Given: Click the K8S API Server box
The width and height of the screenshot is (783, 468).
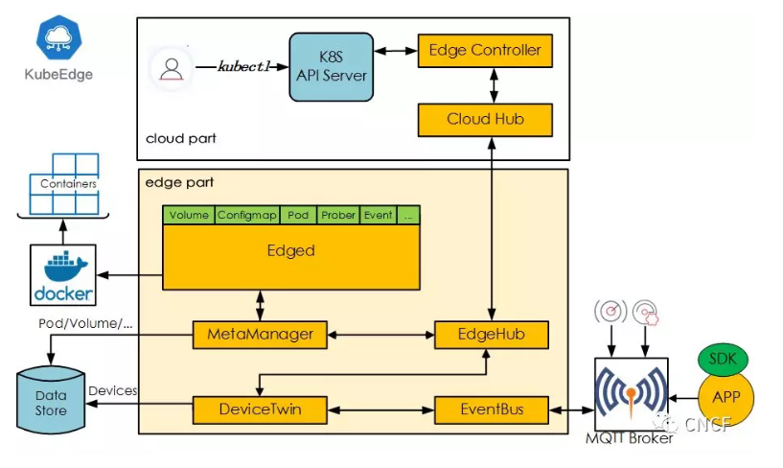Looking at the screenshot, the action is coord(331,67).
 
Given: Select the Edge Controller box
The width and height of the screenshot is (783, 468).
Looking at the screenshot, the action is coord(485,51).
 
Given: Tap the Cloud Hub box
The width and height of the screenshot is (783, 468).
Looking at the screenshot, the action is coord(485,120).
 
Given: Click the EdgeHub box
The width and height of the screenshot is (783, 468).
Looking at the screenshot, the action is coord(492,335).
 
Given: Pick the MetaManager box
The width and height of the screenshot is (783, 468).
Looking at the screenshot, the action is coord(260,335).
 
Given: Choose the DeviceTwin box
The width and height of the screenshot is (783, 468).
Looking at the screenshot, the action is coord(260,410).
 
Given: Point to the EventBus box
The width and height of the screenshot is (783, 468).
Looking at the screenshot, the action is coord(492,410).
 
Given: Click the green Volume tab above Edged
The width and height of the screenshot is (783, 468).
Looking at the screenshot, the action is coord(189,215).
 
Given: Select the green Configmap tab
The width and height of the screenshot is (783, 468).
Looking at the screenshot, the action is coord(247,215).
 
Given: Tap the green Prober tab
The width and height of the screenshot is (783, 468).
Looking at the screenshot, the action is coord(338,215).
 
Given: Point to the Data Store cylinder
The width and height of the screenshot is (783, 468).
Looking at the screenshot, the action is coord(51,400).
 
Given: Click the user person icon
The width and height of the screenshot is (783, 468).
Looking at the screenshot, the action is coord(172,69).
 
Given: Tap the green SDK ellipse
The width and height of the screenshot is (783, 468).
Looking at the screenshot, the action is coord(723,359).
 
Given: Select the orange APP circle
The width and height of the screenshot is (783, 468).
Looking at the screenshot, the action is coord(725,398).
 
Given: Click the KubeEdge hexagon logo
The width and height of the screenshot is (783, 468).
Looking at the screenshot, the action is coord(58,37).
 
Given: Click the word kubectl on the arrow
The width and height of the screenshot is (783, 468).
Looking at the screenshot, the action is coord(243,66).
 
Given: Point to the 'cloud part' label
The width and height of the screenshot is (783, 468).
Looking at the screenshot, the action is coord(181,138).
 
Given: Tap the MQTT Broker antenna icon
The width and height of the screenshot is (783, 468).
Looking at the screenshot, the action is coord(632,392).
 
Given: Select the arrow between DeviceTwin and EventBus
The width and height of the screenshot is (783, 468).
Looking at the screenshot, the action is coord(381,410).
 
